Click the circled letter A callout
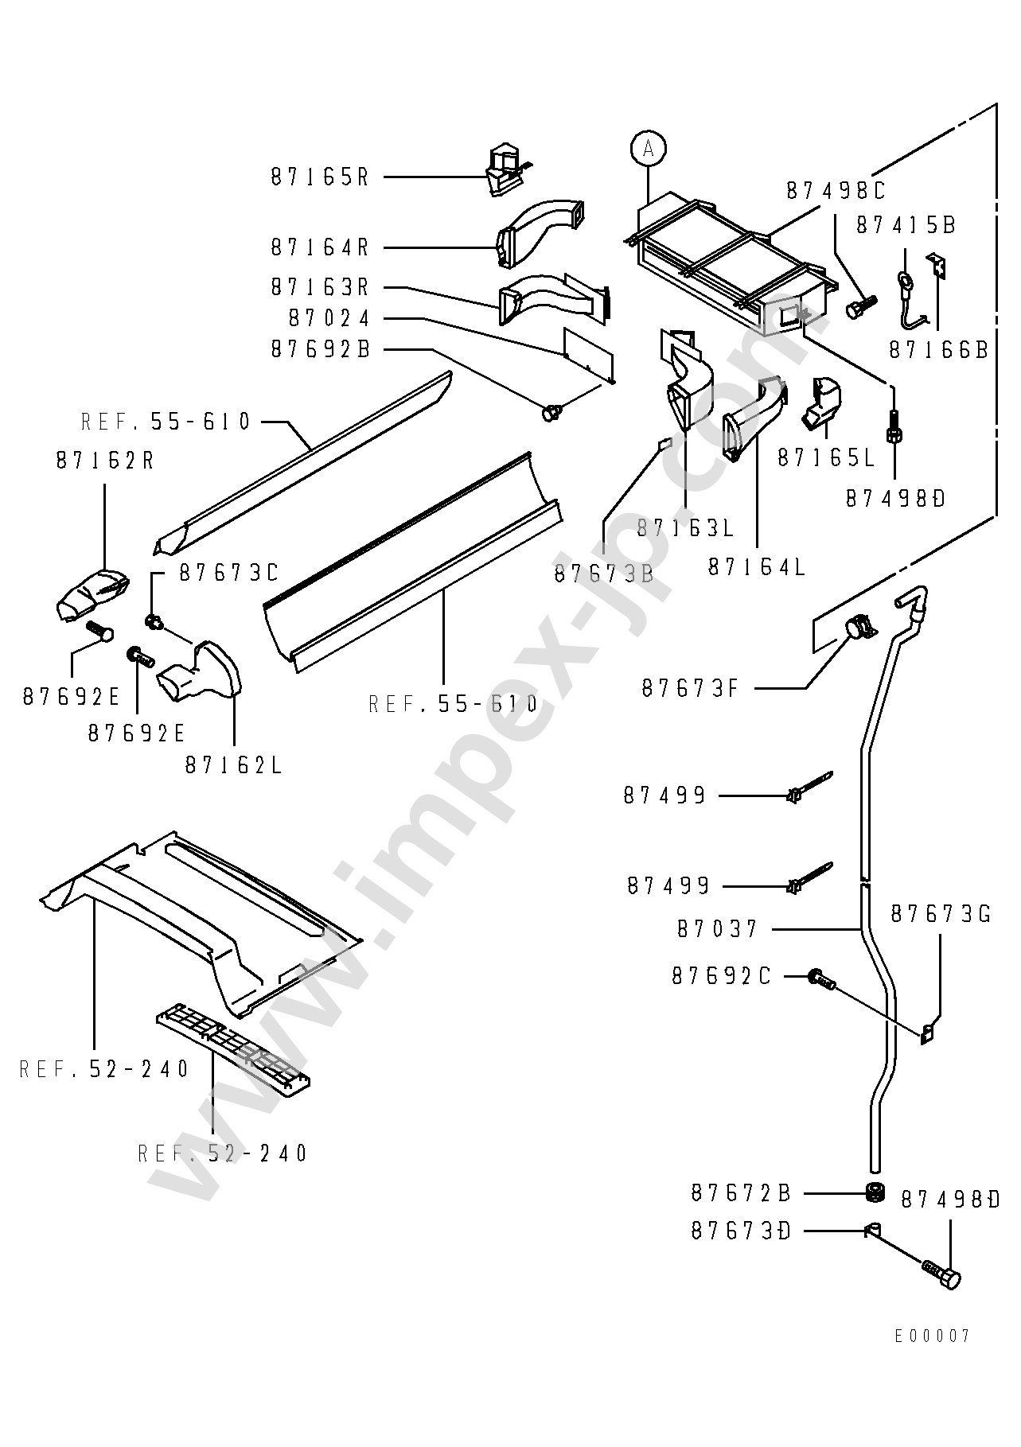pos(649,148)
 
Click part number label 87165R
pos(320,177)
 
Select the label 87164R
pos(320,247)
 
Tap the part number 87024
pos(329,319)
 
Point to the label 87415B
pos(906,225)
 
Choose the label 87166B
pos(938,349)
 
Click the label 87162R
pos(105,460)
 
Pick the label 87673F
pos(691,688)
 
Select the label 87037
pos(718,928)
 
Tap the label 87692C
pos(722,976)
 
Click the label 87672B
pos(741,1193)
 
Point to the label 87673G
pos(941,914)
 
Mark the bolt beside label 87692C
pos(822,980)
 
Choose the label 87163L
pos(686,527)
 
